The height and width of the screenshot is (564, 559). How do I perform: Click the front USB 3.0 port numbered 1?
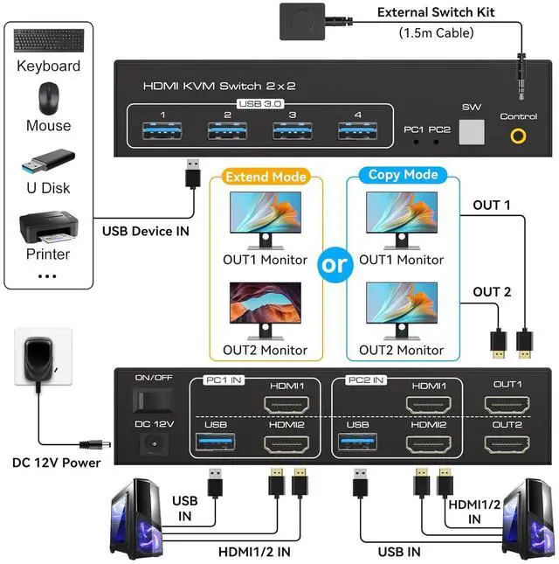pyautogui.click(x=162, y=132)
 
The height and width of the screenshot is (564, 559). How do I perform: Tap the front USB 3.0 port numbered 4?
pyautogui.click(x=357, y=132)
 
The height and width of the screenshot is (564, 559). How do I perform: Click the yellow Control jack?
pyautogui.click(x=518, y=136)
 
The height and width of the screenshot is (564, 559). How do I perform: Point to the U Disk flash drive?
pyautogui.click(x=48, y=163)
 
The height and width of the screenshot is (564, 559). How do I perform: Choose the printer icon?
pyautogui.click(x=48, y=226)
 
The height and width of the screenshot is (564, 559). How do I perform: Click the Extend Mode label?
pyautogui.click(x=266, y=177)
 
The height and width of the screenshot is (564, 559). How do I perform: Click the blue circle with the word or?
pyautogui.click(x=335, y=265)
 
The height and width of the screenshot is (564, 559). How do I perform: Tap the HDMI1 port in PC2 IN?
pyautogui.click(x=428, y=404)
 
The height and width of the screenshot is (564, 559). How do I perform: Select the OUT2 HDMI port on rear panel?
pyautogui.click(x=507, y=444)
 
